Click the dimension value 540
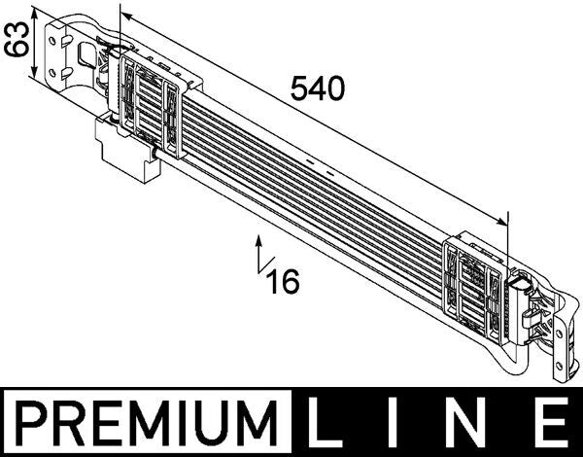(x=318, y=89)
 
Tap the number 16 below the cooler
(x=283, y=281)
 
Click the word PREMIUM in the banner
(x=150, y=424)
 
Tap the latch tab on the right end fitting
(x=522, y=287)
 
